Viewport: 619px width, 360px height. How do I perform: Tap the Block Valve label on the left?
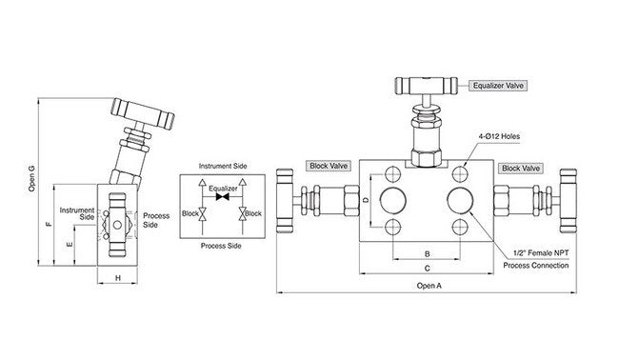point(327,166)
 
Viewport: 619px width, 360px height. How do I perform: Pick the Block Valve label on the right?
point(522,168)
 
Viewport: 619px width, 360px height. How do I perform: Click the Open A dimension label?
point(429,285)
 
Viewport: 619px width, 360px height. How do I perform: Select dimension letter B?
point(427,254)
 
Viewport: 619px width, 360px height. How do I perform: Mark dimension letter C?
point(427,270)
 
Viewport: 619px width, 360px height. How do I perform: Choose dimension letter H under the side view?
point(117,277)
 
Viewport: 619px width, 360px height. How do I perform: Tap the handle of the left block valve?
point(283,202)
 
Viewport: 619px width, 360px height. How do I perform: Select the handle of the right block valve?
point(569,202)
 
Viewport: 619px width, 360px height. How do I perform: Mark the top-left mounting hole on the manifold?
point(394,174)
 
